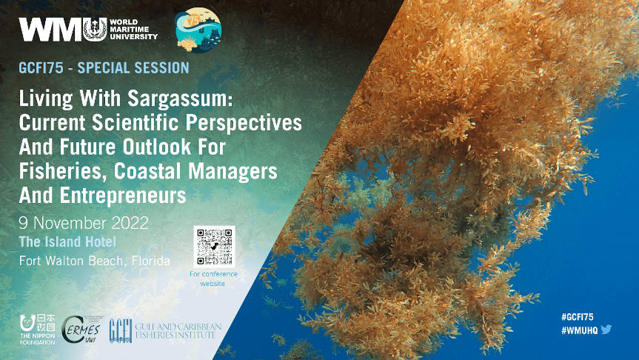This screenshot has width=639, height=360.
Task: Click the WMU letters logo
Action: click(x=63, y=30)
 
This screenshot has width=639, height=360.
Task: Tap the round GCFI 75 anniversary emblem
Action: click(x=198, y=30)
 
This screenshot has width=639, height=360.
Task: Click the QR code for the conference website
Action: click(x=215, y=247)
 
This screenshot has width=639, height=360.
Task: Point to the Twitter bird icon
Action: click(x=606, y=329)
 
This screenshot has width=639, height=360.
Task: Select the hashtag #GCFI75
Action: click(x=577, y=317)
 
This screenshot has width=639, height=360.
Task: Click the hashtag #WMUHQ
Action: click(x=579, y=330)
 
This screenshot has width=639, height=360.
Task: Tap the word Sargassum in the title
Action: click(x=180, y=99)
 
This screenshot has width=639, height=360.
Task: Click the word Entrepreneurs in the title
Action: click(x=123, y=196)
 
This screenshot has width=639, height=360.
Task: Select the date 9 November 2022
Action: click(x=84, y=223)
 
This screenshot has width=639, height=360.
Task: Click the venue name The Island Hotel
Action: click(x=67, y=241)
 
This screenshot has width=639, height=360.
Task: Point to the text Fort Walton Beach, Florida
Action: click(x=95, y=261)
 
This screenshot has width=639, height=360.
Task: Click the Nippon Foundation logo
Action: click(x=38, y=330)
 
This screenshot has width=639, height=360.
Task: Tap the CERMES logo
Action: click(x=83, y=330)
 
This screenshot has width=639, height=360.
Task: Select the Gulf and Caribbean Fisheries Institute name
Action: click(x=178, y=330)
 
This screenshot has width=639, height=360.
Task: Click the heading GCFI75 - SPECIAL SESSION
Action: click(x=104, y=67)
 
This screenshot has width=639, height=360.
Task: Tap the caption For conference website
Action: click(x=213, y=279)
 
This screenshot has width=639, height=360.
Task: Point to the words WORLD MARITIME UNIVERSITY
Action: click(x=133, y=30)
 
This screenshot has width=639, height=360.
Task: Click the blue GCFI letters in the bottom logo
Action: click(x=121, y=330)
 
